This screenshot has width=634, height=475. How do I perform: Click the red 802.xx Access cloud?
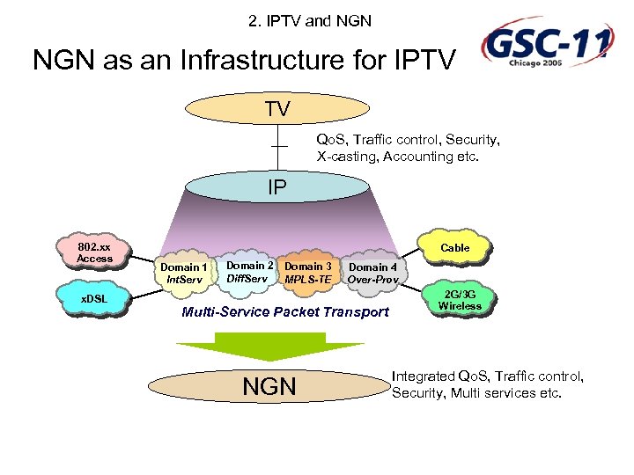pyautogui.click(x=94, y=252)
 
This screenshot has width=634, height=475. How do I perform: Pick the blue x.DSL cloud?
pyautogui.click(x=94, y=298)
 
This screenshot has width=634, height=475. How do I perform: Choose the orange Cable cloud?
pyautogui.click(x=454, y=248)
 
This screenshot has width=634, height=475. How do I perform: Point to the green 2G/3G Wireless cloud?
pyautogui.click(x=460, y=300)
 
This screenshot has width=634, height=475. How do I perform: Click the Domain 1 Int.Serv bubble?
pyautogui.click(x=184, y=273)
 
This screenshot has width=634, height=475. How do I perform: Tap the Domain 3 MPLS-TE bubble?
pyautogui.click(x=308, y=272)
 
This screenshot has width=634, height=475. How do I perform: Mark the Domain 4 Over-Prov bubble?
pyautogui.click(x=372, y=273)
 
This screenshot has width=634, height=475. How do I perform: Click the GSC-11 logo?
pyautogui.click(x=546, y=45)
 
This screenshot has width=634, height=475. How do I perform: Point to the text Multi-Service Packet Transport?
pyautogui.click(x=284, y=312)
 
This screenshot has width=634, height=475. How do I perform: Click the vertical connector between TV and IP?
pyautogui.click(x=279, y=145)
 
